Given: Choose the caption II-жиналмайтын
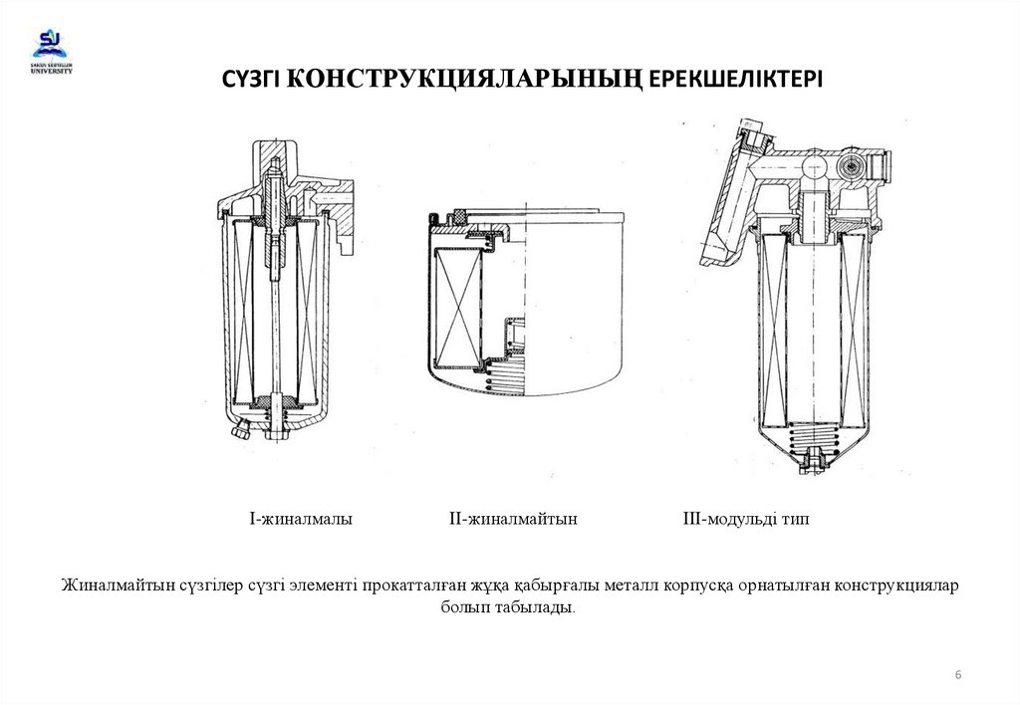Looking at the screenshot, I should click(x=514, y=519).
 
